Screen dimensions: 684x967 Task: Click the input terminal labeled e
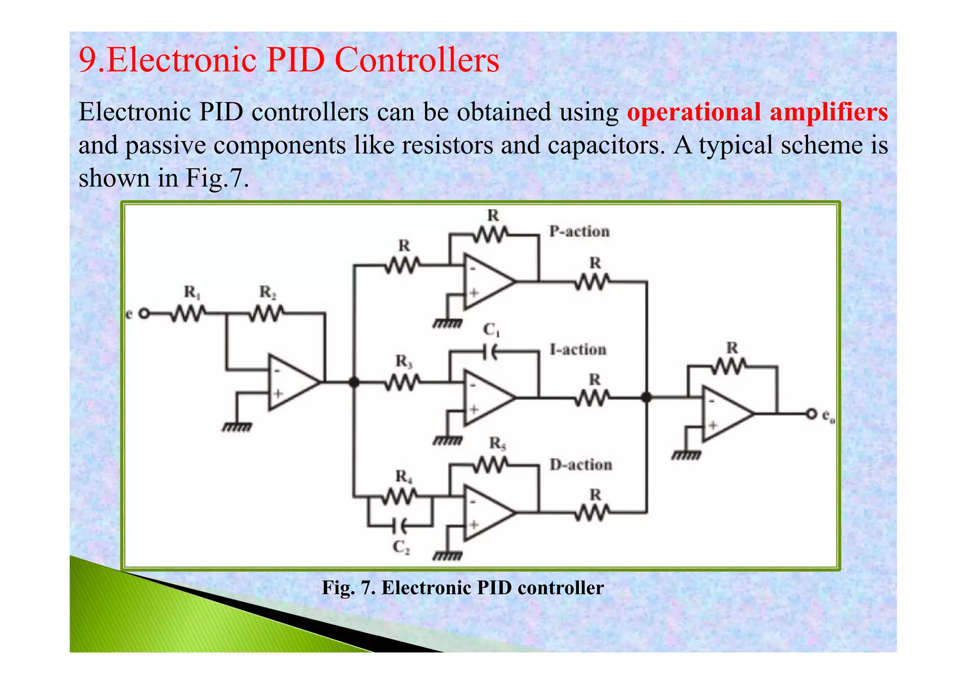[x=144, y=314]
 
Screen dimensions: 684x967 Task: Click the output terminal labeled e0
[x=811, y=414]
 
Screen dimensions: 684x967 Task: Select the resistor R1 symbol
[x=188, y=313]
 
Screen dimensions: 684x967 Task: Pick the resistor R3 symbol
[x=402, y=382]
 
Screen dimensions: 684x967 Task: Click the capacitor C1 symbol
[x=492, y=351]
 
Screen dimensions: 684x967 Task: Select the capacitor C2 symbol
[x=401, y=524]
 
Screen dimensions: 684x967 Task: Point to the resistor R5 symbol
[x=492, y=466]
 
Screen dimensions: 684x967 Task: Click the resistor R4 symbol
[x=401, y=496]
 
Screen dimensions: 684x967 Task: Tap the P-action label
[x=579, y=231]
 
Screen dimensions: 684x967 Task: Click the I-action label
[x=578, y=350]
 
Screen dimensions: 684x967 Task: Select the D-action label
[x=581, y=465]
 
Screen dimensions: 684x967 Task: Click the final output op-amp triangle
[x=725, y=414]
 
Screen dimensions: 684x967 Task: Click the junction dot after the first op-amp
[x=354, y=382]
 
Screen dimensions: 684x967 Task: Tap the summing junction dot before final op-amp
[x=646, y=398]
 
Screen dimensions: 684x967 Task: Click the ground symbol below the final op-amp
[x=686, y=455]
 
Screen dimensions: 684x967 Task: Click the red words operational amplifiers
[x=757, y=112]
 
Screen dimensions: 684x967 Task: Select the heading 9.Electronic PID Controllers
[x=288, y=60]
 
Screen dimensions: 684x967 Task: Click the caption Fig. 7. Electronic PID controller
[x=463, y=588]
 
